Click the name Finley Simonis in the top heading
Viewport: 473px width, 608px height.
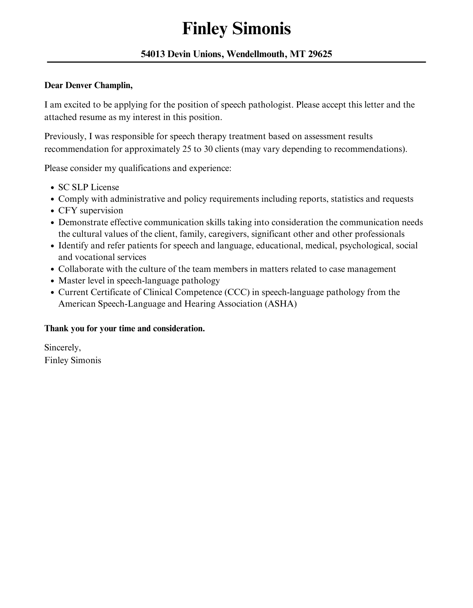(x=236, y=29)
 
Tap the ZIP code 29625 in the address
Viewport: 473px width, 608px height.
(x=320, y=54)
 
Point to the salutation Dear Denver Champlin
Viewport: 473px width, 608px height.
(x=88, y=85)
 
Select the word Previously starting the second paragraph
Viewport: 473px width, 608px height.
(x=65, y=136)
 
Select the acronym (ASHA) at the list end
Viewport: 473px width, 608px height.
(x=281, y=304)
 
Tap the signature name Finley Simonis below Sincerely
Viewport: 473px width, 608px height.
(x=73, y=360)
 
